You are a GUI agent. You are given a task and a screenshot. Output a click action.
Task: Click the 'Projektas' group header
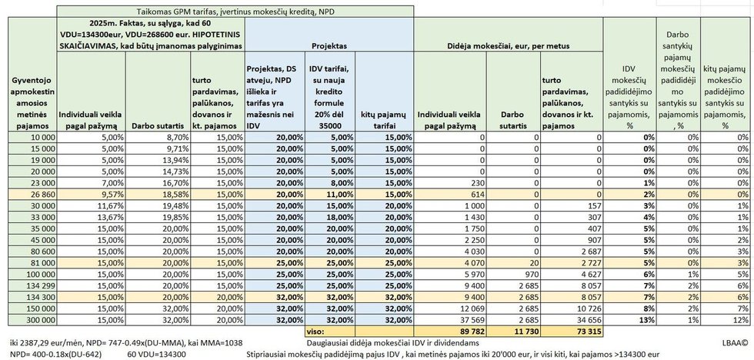pos(329,45)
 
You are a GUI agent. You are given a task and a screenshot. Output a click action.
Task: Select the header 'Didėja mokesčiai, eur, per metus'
pos(508,45)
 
